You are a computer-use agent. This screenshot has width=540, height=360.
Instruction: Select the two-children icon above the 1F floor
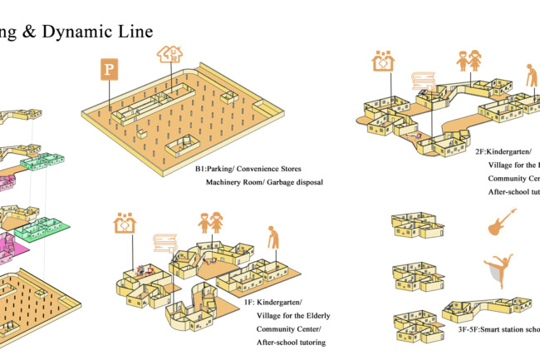[x=209, y=224]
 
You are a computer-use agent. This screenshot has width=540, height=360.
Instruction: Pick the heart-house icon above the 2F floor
[x=383, y=62]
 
